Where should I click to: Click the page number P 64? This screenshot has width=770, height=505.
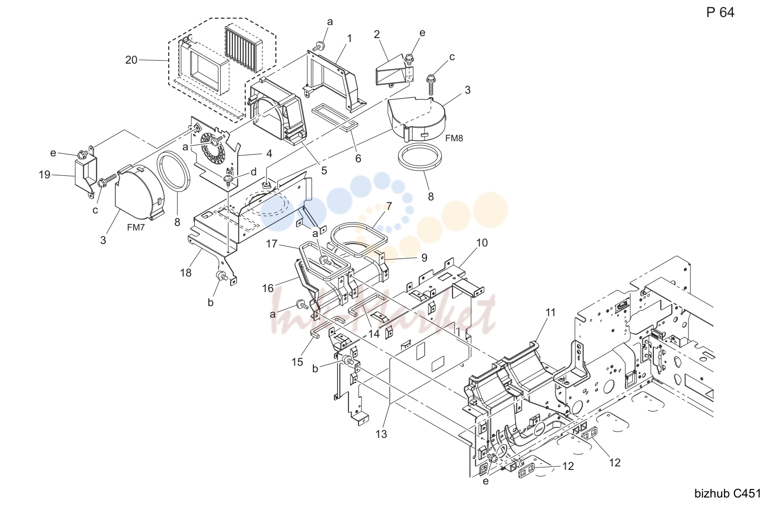(720, 13)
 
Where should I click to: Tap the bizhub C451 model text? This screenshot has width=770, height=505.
(728, 493)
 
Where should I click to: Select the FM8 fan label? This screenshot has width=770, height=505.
(454, 138)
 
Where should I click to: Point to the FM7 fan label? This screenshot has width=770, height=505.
(136, 227)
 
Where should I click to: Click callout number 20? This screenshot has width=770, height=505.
(131, 60)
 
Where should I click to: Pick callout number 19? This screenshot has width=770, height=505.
(45, 175)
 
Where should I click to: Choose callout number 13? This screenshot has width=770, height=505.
(381, 434)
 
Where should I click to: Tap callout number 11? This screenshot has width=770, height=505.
(550, 313)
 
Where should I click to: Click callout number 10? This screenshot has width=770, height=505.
(482, 243)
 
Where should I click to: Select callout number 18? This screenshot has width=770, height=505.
(186, 273)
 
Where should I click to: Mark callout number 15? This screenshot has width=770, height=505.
(297, 362)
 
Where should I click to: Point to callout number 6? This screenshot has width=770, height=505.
(358, 159)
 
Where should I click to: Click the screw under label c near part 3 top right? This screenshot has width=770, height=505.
(431, 85)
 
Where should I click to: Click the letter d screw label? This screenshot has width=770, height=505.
(253, 172)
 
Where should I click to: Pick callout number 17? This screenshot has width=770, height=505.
(271, 244)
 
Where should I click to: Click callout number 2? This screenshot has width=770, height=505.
(377, 35)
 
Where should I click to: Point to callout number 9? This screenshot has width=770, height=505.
(424, 258)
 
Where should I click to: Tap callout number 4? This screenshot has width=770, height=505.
(269, 154)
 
